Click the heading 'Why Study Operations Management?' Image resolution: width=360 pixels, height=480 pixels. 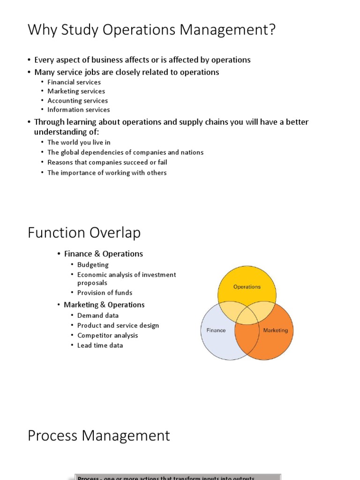click(x=152, y=31)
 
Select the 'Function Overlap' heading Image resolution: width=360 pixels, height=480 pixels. click(x=84, y=233)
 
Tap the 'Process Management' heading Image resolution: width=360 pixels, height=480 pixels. click(x=98, y=436)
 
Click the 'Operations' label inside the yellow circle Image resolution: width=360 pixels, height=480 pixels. click(x=247, y=287)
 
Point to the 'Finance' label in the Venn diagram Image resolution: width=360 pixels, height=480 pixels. click(x=216, y=330)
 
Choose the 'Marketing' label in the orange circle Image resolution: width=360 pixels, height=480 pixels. click(x=275, y=330)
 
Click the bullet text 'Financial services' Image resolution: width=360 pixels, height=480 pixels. click(x=74, y=82)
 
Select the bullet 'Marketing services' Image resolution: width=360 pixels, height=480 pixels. click(x=76, y=91)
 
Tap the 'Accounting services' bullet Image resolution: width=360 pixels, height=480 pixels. click(x=77, y=101)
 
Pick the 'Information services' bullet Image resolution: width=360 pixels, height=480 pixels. click(x=78, y=110)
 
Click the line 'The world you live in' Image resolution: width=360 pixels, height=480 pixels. click(x=79, y=142)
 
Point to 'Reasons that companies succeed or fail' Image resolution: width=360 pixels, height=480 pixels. click(x=107, y=162)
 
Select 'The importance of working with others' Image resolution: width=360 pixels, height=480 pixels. click(x=107, y=172)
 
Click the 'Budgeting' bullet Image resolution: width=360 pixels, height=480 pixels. click(x=93, y=265)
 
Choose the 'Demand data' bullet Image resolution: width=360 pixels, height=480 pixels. click(x=97, y=315)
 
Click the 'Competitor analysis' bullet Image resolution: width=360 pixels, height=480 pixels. click(x=107, y=335)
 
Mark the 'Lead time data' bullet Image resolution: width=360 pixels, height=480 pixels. click(x=100, y=345)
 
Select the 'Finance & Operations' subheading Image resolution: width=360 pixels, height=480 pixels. click(x=103, y=254)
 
